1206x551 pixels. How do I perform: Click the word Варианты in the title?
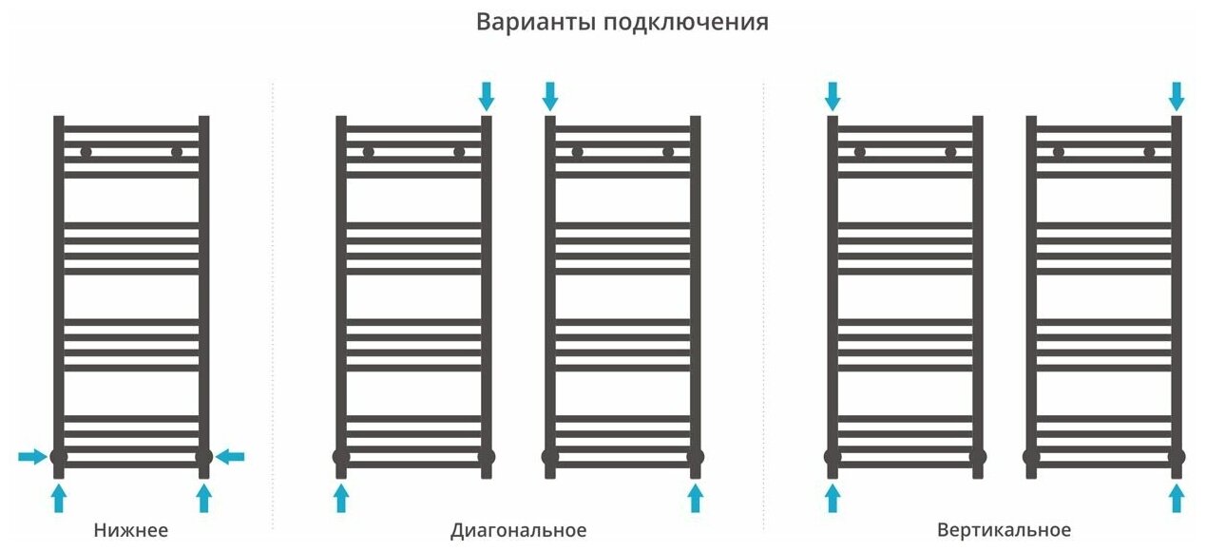pyautogui.click(x=535, y=22)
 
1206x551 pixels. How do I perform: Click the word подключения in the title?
pyautogui.click(x=685, y=23)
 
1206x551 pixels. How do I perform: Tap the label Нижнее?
pyautogui.click(x=131, y=530)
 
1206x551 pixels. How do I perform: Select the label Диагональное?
pyautogui.click(x=518, y=530)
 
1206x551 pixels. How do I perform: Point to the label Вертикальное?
pyautogui.click(x=1004, y=530)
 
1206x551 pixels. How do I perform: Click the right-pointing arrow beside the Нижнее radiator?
pyautogui.click(x=32, y=457)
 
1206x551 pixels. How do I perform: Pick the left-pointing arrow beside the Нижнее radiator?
pyautogui.click(x=230, y=457)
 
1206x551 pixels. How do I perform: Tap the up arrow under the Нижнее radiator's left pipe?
pyautogui.click(x=59, y=497)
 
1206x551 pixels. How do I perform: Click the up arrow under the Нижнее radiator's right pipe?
pyautogui.click(x=203, y=497)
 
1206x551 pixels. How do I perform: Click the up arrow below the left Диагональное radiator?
pyautogui.click(x=341, y=497)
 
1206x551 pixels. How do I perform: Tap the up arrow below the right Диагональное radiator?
pyautogui.click(x=695, y=497)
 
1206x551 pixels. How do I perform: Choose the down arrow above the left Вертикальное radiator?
pyautogui.click(x=833, y=95)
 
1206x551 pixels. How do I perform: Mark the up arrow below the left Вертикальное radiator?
pyautogui.click(x=833, y=497)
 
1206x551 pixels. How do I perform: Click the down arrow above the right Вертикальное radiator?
pyautogui.click(x=1177, y=95)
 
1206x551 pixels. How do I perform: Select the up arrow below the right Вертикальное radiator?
pyautogui.click(x=1177, y=497)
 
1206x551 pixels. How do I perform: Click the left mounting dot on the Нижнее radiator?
pyautogui.click(x=86, y=152)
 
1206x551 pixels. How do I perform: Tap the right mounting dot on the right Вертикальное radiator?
pyautogui.click(x=1149, y=152)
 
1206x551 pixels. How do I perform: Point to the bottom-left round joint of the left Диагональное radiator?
pyautogui.click(x=341, y=457)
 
